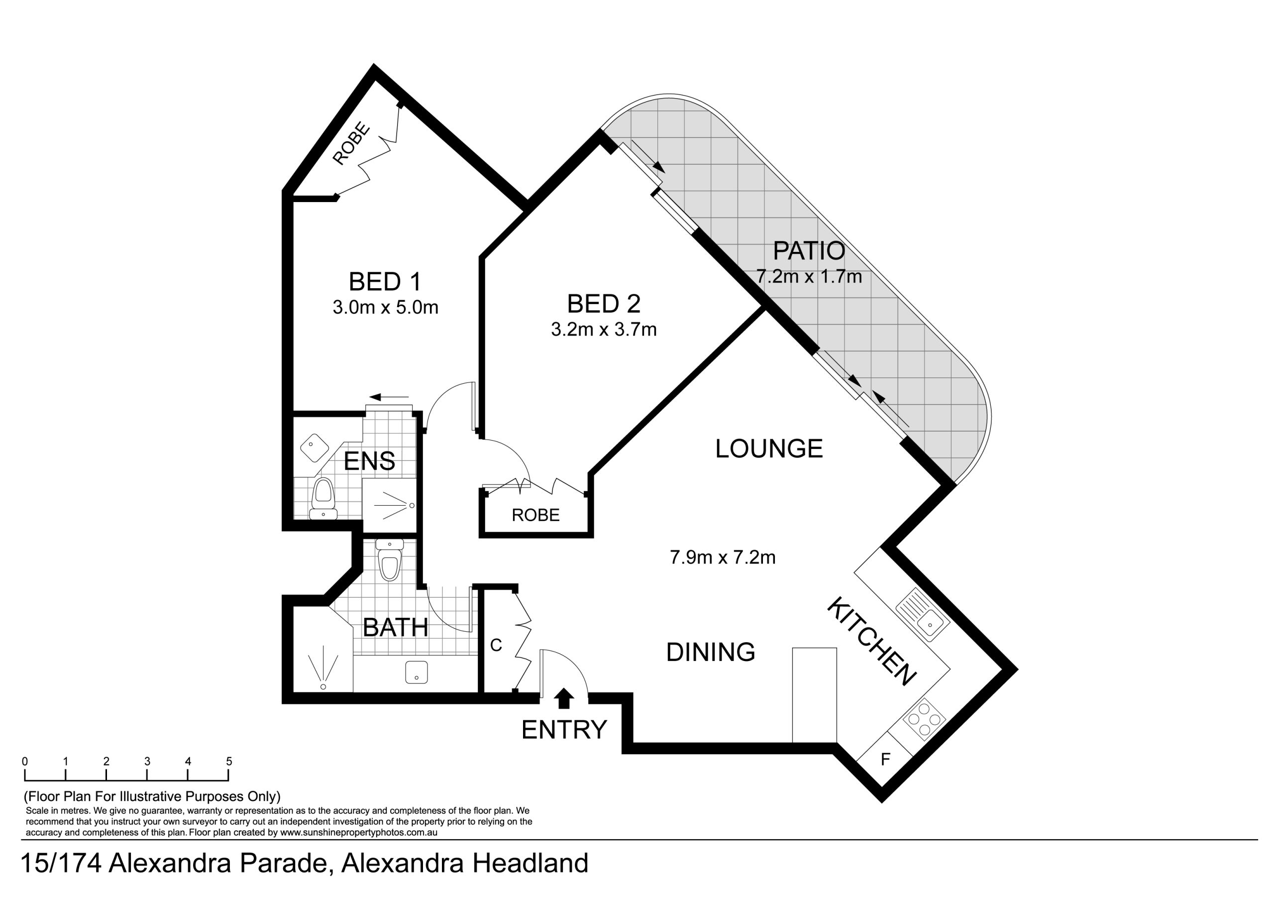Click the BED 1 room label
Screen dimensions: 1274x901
[x=385, y=282]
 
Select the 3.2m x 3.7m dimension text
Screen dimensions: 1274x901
[x=604, y=330]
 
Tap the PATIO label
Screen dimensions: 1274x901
[x=809, y=251]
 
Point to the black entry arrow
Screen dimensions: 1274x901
[x=564, y=698]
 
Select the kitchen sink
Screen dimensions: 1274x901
[x=922, y=616]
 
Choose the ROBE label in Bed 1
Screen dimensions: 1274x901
[x=351, y=144]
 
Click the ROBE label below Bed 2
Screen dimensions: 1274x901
[x=535, y=515]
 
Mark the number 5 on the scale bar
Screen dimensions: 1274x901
[x=229, y=761]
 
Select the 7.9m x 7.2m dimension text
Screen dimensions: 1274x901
[x=723, y=558]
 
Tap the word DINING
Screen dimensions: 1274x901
[x=711, y=652]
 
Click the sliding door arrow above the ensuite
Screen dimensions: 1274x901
[x=389, y=397]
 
